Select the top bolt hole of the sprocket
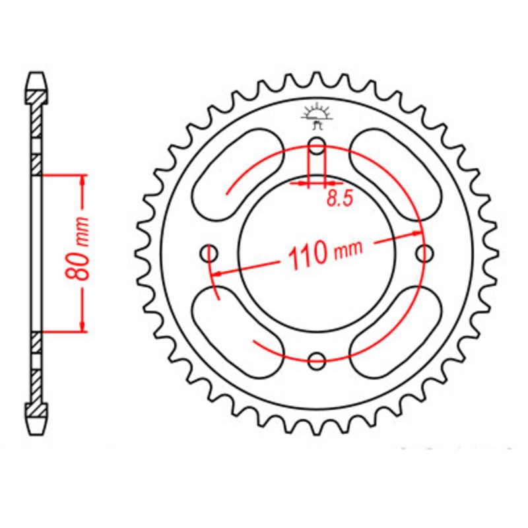[x=317, y=146]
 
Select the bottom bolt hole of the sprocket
[x=317, y=360]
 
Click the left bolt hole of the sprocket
[x=211, y=253]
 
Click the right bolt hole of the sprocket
[x=425, y=253]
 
